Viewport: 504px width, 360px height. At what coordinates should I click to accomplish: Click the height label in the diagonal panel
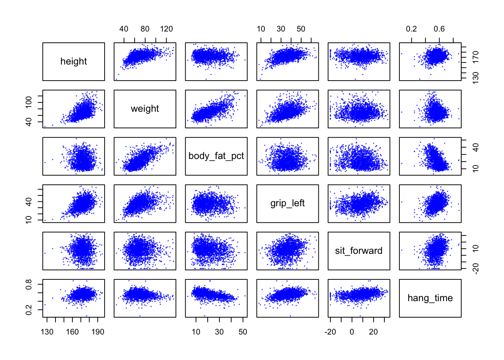pos(73,61)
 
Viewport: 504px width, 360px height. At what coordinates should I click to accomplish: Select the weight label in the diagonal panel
pos(145,109)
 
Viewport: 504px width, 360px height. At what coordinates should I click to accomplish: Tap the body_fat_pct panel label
pos(216,156)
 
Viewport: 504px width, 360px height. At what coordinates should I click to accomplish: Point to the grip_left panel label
pos(287,203)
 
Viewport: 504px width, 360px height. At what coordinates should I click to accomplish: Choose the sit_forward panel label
pos(358,251)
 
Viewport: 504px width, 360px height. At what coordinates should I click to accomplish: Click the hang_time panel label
pos(430,298)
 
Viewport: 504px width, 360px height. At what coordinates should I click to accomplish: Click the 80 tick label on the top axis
pos(145,29)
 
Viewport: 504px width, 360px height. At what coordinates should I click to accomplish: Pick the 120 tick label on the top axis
pos(166,29)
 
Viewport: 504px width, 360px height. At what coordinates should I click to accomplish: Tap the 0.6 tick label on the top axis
pos(439,29)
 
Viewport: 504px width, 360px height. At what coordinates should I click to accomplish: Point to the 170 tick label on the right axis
pos(476,57)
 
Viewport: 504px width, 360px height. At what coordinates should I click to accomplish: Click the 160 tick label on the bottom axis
pos(72,332)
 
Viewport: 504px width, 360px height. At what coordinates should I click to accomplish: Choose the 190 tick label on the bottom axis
pos(98,332)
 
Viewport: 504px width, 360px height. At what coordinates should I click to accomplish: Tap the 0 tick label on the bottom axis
pos(352,332)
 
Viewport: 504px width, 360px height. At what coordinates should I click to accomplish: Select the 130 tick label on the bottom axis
pos(47,332)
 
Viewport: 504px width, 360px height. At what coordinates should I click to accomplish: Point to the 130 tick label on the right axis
pos(476,78)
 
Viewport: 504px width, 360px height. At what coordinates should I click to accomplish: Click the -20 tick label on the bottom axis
pos(330,332)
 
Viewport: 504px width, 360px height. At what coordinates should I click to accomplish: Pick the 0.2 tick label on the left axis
pos(28,310)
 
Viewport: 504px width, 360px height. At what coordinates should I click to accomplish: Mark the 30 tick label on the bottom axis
pos(219,332)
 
